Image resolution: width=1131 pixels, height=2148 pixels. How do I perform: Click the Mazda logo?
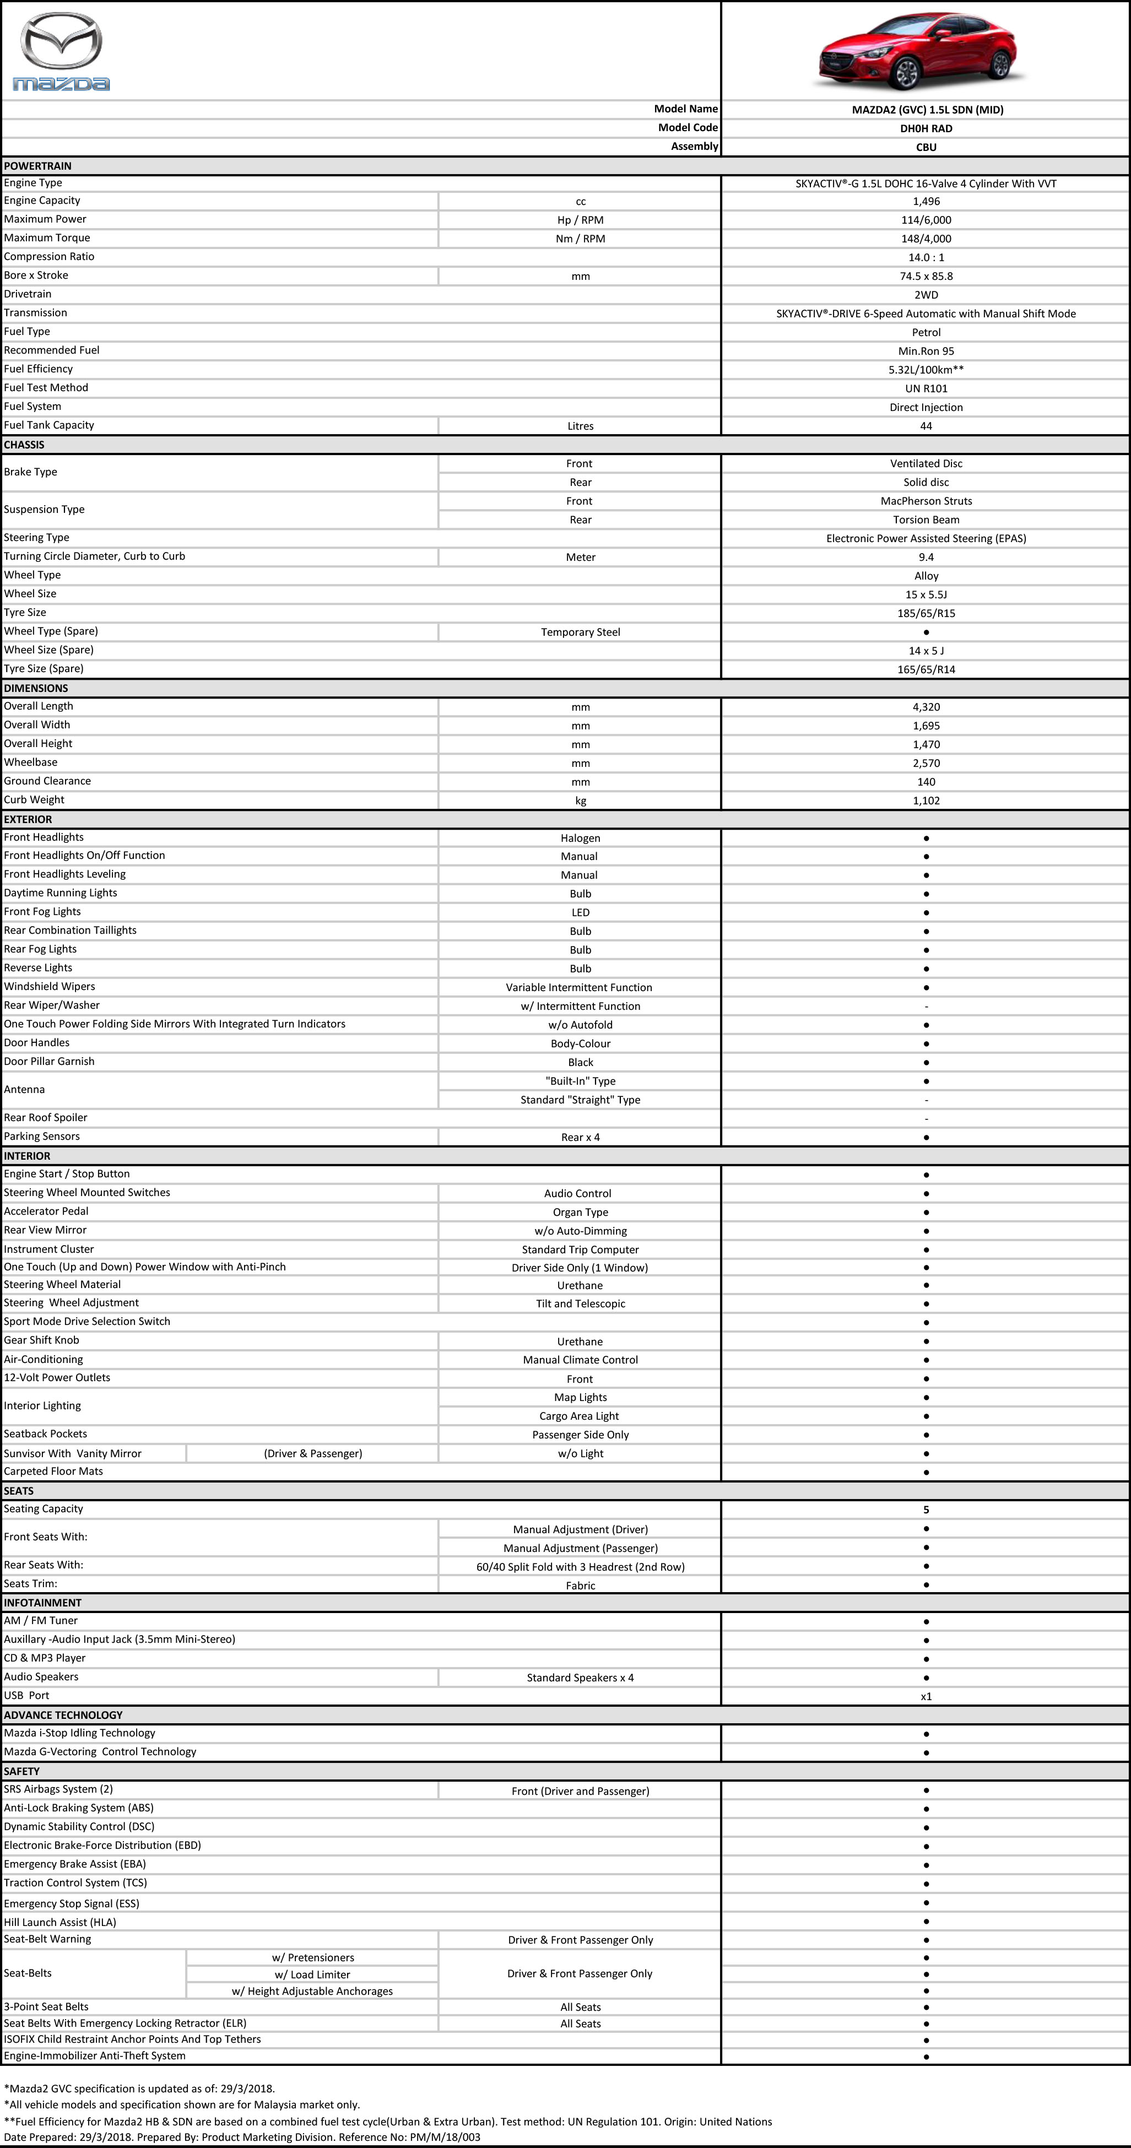point(61,52)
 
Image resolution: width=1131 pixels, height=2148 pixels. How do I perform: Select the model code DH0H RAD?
point(926,128)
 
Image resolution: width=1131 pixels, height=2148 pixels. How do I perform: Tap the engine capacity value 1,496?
point(926,202)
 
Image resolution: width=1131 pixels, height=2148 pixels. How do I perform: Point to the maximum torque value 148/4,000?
point(926,239)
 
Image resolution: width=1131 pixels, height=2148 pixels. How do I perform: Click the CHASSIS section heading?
point(24,445)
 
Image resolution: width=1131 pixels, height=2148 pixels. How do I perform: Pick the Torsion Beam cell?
point(926,520)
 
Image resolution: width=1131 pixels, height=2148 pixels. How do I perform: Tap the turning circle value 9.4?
point(926,557)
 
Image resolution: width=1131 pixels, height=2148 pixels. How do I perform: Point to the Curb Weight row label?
point(34,800)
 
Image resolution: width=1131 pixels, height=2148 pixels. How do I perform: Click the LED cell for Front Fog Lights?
point(581,913)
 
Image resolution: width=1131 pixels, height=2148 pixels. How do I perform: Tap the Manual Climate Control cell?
point(581,1360)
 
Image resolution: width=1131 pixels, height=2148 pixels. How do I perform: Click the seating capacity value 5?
point(926,1510)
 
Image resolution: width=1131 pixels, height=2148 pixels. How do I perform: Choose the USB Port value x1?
point(926,1696)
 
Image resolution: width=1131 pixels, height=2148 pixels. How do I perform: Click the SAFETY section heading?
point(21,1771)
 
